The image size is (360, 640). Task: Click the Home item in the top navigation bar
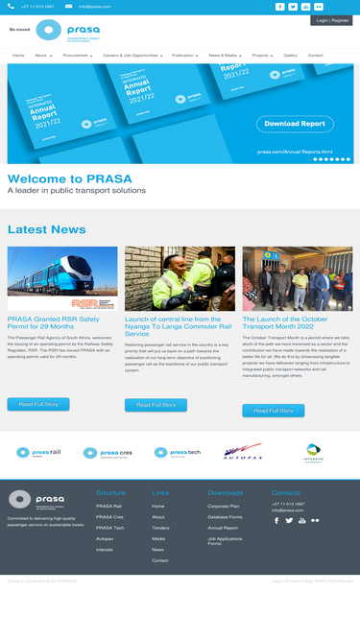click(x=18, y=56)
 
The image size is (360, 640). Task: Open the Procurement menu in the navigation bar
click(x=78, y=56)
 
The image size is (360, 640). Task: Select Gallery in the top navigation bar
click(x=290, y=56)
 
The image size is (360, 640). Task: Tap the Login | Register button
click(x=331, y=20)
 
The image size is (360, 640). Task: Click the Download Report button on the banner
click(x=294, y=124)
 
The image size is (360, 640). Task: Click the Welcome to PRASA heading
click(x=69, y=179)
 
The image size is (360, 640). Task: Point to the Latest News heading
click(x=46, y=229)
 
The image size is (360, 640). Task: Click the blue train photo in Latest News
click(x=62, y=278)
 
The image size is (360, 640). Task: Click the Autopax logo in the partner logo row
click(x=243, y=451)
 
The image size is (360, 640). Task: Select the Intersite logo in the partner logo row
click(x=313, y=451)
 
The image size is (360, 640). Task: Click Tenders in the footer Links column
click(x=159, y=528)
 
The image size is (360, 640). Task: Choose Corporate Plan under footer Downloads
click(x=224, y=506)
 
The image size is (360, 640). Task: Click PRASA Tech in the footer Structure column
click(x=109, y=528)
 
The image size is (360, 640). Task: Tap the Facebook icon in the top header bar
click(x=279, y=6)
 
